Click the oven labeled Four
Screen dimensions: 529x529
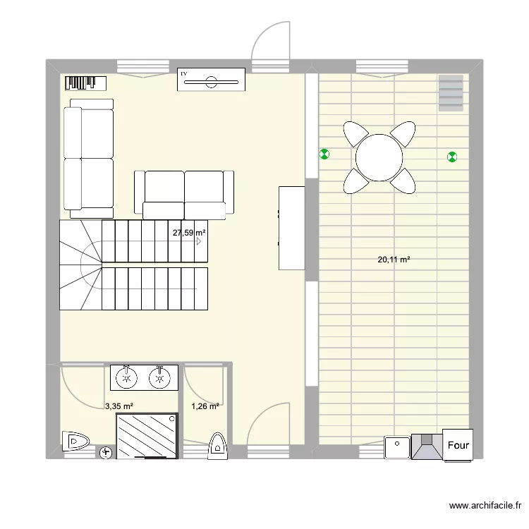457,444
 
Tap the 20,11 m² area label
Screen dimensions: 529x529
394,260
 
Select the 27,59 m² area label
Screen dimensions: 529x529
190,232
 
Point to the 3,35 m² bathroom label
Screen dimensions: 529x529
119,406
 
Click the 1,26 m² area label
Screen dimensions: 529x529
205,406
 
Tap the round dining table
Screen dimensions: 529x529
379,157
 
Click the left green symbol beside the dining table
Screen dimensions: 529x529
324,154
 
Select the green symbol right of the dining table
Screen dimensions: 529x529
451,157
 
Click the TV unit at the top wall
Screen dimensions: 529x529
211,79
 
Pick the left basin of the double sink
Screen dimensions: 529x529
127,377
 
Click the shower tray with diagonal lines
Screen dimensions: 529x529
147,434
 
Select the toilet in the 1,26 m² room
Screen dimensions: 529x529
217,446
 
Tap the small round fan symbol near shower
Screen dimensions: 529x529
107,452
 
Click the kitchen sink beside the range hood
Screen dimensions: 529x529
396,447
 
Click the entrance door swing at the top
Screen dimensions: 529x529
272,42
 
